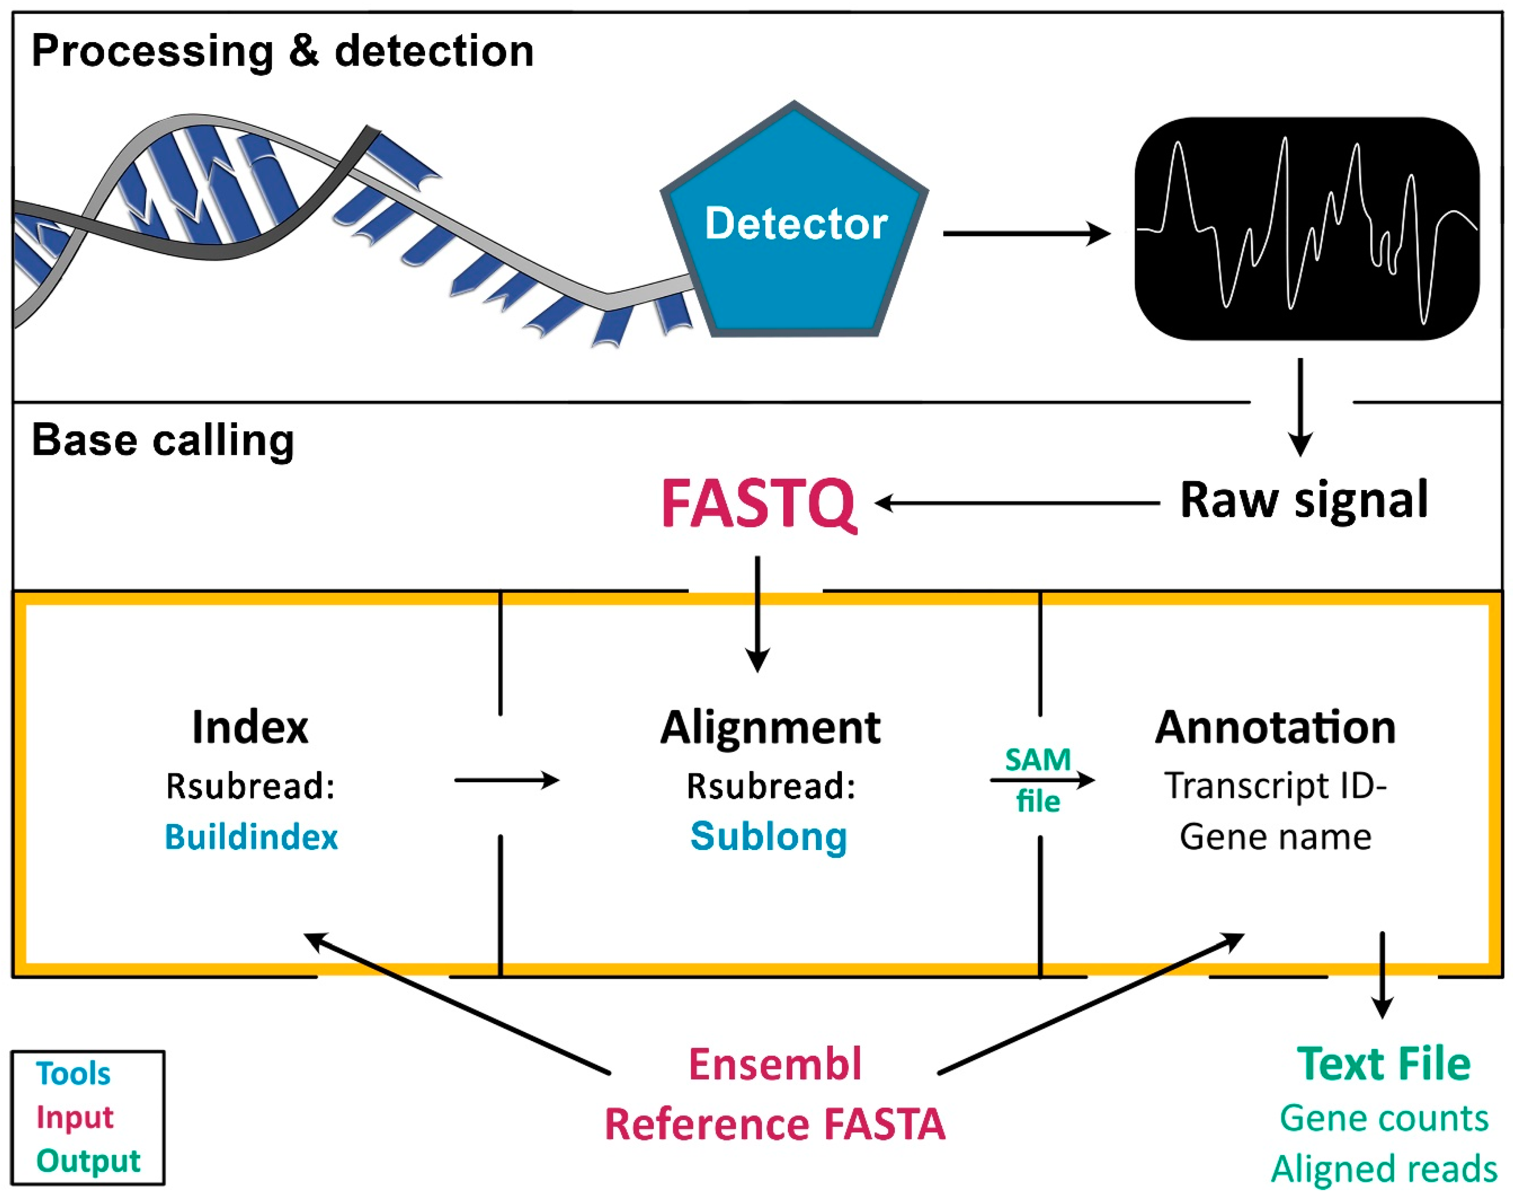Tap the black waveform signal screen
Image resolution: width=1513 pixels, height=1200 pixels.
[1307, 229]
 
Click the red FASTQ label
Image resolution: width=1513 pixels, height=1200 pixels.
[758, 504]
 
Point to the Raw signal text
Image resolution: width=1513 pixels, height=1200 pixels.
[1304, 500]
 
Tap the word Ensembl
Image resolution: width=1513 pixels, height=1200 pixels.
[775, 1065]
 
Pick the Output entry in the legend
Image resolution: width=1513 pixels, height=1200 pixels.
[88, 1161]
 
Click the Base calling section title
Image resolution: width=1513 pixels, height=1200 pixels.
[163, 441]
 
